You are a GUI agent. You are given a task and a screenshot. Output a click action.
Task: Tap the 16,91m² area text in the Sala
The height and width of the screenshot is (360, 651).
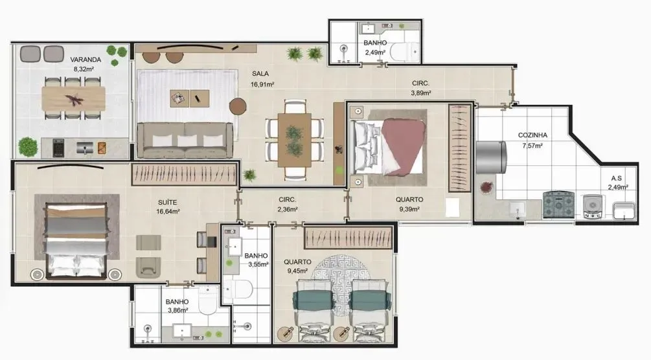(x=262, y=84)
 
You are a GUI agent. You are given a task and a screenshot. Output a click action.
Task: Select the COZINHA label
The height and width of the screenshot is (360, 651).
(x=532, y=135)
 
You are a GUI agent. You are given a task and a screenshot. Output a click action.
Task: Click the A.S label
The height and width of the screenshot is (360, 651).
(x=617, y=178)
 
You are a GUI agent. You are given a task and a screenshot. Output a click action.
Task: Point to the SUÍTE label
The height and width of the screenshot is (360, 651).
(x=168, y=202)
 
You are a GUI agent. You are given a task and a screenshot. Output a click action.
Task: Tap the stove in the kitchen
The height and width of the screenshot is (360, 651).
(x=558, y=205)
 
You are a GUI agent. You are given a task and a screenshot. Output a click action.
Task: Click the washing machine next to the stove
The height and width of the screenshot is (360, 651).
(x=593, y=205)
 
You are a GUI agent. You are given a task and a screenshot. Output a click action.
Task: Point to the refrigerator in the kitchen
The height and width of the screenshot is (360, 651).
(x=490, y=158)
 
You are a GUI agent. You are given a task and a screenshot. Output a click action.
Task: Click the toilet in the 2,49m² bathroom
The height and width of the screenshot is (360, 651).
(x=405, y=51)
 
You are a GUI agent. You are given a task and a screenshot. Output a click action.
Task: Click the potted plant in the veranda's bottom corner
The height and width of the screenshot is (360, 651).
(x=28, y=147)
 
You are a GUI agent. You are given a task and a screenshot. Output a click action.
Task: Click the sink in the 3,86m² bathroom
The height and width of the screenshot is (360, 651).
(x=181, y=332)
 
